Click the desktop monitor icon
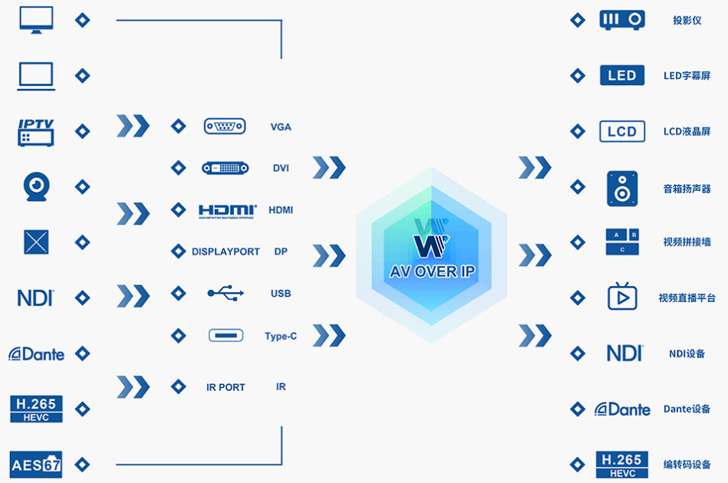coord(36,20)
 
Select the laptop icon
coord(36,76)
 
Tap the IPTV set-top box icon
coord(36,133)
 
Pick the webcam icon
coord(36,186)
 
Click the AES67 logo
coord(36,465)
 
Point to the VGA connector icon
coord(225,127)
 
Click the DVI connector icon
coord(226,168)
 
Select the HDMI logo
coord(228,211)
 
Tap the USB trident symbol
coord(226,293)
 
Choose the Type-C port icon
coord(226,335)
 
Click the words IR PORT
coord(226,387)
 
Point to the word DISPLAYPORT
coord(226,251)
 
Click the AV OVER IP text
coord(432,271)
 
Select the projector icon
coord(622,20)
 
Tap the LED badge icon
coord(622,75)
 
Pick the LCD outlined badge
coord(622,131)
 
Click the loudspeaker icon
coord(622,189)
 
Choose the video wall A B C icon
coord(622,242)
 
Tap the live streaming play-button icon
coord(622,296)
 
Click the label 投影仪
coord(687,21)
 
